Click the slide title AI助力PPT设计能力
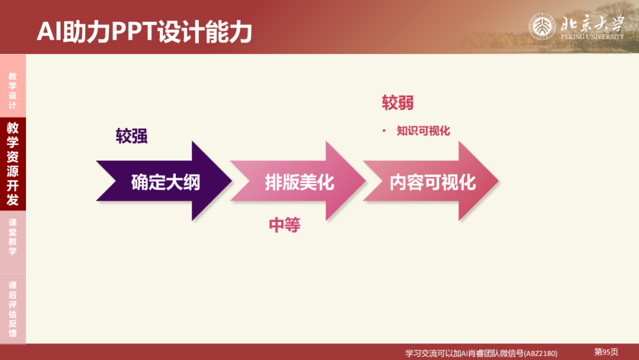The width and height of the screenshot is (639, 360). pos(144,32)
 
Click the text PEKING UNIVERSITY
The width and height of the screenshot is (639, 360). pos(592,37)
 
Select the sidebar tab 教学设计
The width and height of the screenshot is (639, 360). pos(12,91)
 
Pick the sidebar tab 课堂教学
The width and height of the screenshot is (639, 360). pos(12,237)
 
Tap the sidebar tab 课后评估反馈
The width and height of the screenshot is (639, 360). pos(12,309)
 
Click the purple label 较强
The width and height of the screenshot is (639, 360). pos(131,137)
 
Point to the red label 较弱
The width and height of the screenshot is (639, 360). pos(398,103)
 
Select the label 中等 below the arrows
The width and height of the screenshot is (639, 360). pos(285,225)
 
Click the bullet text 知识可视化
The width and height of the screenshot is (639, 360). pos(423,131)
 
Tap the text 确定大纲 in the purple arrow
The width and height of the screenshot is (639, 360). pos(166,182)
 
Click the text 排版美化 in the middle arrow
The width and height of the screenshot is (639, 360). pos(299,182)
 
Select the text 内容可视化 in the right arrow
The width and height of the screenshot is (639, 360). pos(433,182)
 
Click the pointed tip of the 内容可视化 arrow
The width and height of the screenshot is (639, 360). pos(498,181)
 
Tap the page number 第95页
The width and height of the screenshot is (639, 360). pos(606,352)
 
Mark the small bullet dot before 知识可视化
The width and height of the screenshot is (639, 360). pos(384,131)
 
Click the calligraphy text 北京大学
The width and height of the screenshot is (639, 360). pos(592,24)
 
